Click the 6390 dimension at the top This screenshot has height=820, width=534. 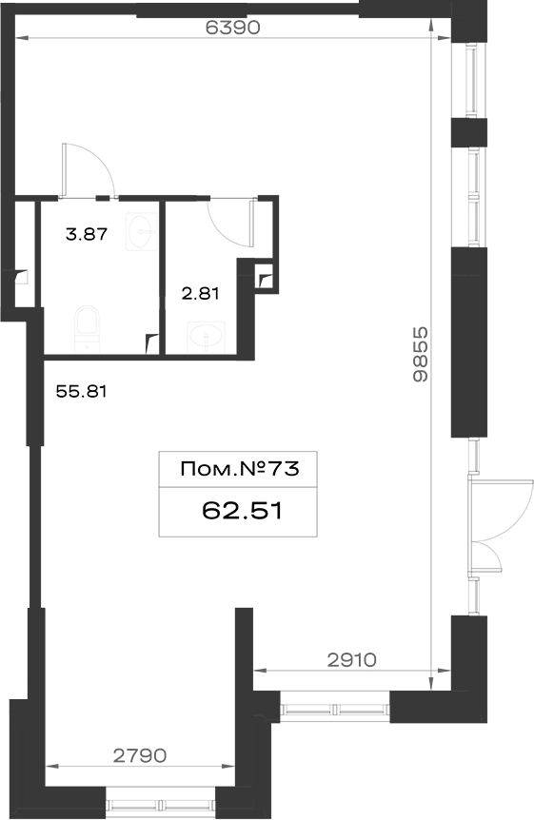coord(232,28)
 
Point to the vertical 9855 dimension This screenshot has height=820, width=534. coord(420,354)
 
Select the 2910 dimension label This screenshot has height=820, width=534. coord(352,660)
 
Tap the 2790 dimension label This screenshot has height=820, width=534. coord(140,755)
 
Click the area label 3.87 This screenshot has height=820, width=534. coord(87,234)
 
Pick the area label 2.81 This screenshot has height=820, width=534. coord(200,294)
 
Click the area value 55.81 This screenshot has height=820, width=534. coord(81,391)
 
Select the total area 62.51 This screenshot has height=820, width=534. coord(243,511)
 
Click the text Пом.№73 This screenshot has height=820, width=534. coord(240,469)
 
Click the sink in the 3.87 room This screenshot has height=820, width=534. coord(141,230)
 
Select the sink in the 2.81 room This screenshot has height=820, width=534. coord(207,336)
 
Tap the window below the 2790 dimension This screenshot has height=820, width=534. coord(161,806)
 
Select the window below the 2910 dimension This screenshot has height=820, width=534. coord(335,709)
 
